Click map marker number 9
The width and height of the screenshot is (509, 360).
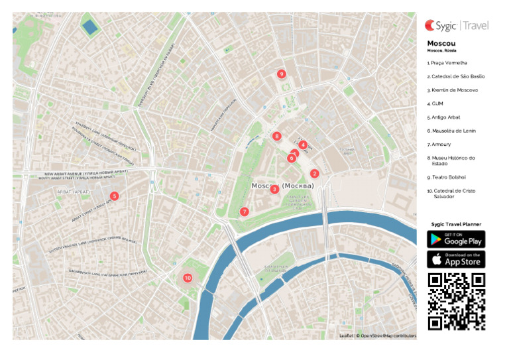(282, 74)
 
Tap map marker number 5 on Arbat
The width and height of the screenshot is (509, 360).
(115, 196)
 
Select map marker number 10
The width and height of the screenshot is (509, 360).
(188, 278)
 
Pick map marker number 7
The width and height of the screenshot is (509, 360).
(245, 211)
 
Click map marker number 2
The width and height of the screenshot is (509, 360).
(315, 173)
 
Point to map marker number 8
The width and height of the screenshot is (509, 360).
(277, 136)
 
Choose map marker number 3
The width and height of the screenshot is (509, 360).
(274, 189)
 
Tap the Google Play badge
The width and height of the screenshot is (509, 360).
(456, 239)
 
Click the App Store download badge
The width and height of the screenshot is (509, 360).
(456, 259)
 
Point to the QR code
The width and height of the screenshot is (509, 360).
(456, 302)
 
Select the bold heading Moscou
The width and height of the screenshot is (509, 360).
(441, 44)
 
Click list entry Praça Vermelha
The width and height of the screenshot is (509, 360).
(447, 62)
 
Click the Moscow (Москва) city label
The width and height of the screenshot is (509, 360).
(283, 186)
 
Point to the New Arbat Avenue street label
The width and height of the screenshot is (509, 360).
(85, 174)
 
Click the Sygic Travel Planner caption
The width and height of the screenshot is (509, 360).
(456, 224)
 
